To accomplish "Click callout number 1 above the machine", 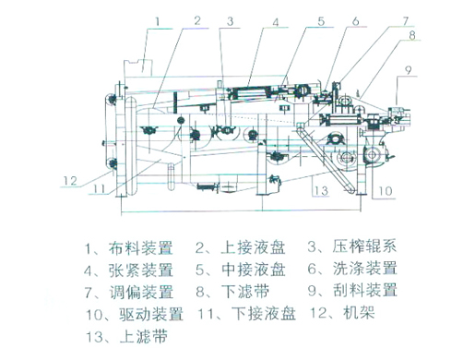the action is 158,22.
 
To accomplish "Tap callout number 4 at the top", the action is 276,22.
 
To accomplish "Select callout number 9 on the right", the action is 408,70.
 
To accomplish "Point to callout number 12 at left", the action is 70,181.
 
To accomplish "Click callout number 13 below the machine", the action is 321,191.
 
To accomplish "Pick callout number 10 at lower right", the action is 386,191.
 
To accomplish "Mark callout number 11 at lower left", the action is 99,188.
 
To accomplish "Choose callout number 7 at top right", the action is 406,21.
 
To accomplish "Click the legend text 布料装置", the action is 140,248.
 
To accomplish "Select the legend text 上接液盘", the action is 253,247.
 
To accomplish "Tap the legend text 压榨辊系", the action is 364,246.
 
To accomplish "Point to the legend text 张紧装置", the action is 141,270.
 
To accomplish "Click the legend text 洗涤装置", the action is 365,268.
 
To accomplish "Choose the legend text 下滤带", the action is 245,291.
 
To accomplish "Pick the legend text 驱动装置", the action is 151,314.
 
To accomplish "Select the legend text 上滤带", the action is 143,336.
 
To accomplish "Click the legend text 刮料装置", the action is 365,290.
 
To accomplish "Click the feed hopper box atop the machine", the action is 138,68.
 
